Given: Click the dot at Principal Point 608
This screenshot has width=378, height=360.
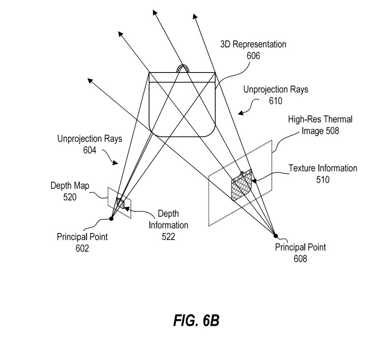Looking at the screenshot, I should [276, 235].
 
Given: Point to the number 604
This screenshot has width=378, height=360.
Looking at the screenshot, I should [89, 150].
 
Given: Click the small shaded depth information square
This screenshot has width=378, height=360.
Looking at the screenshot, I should [120, 203].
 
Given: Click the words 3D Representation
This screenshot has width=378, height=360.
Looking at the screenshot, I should [253, 45].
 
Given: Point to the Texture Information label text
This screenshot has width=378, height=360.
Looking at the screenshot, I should [323, 169].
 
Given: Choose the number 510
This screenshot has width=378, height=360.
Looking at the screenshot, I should [323, 179].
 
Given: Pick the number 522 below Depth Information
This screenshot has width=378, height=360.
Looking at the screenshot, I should [168, 236].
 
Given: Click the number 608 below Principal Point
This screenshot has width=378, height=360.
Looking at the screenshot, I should [300, 258].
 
